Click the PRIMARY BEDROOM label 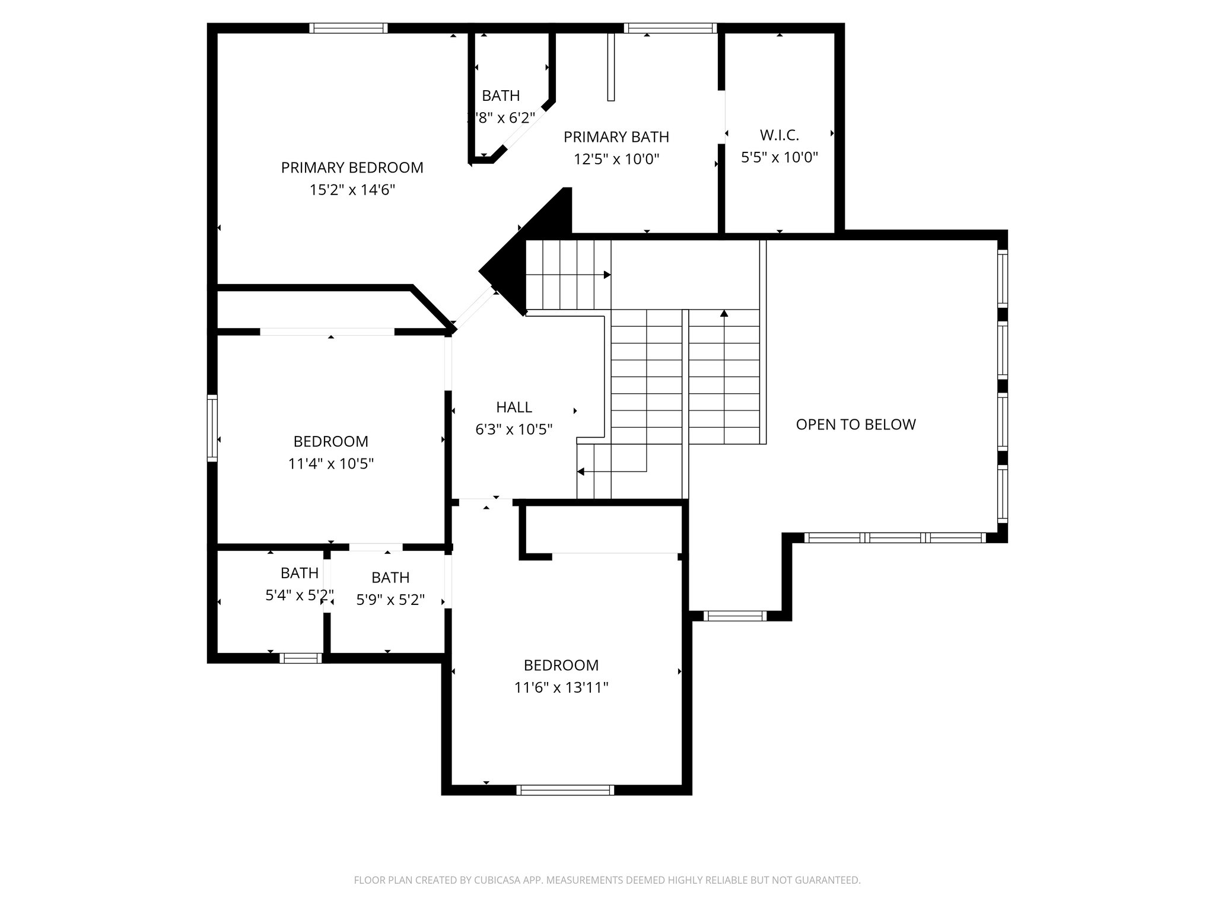[352, 168]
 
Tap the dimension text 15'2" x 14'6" [352, 190]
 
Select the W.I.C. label [779, 135]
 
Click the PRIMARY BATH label [616, 137]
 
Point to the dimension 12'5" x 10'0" [616, 160]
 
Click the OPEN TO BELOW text [855, 425]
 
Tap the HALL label [514, 407]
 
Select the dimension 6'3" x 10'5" [514, 429]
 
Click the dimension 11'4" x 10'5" [330, 464]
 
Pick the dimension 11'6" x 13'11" [561, 688]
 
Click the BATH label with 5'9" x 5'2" [390, 578]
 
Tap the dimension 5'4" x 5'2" [299, 595]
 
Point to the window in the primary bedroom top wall [348, 28]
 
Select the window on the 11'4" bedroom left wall [212, 428]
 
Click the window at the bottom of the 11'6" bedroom [565, 790]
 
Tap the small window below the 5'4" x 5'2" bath [300, 658]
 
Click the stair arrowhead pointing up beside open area [724, 313]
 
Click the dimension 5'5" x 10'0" [779, 158]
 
